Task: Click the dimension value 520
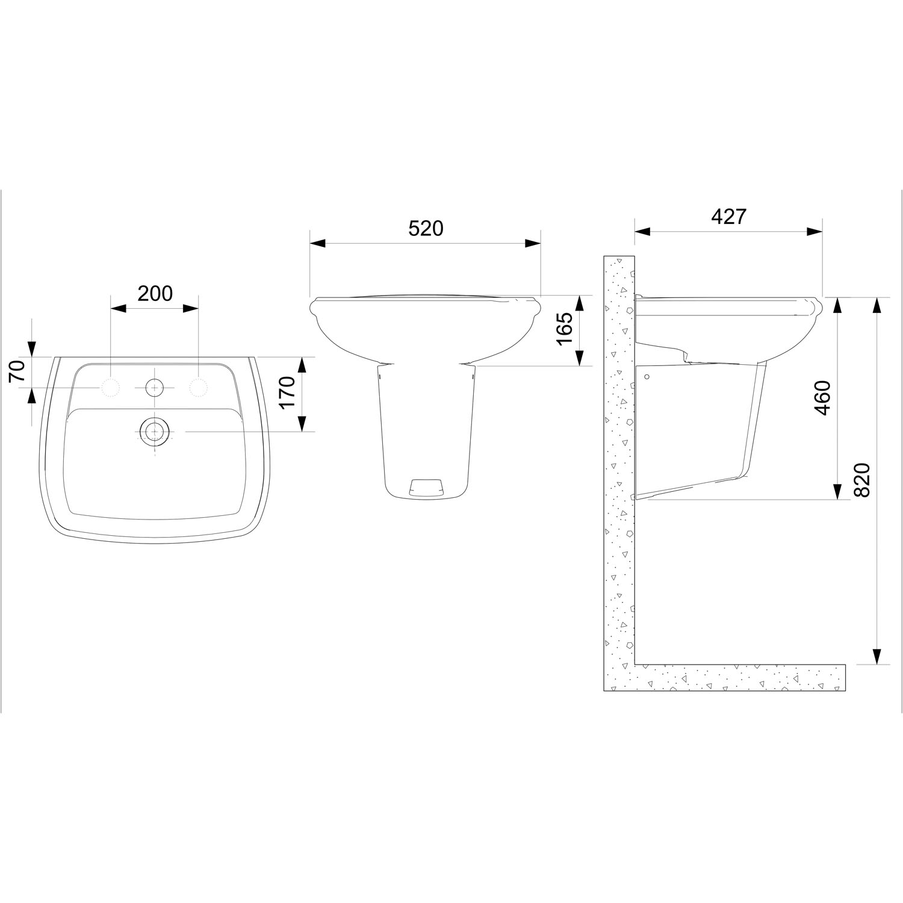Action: click(x=426, y=229)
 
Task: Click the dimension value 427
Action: click(x=728, y=216)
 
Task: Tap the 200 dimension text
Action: click(x=155, y=293)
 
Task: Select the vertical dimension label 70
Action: click(x=18, y=371)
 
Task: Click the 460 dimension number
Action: click(x=822, y=397)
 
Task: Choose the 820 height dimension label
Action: click(x=862, y=480)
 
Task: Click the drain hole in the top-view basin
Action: click(x=155, y=431)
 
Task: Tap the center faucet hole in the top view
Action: click(x=155, y=388)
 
